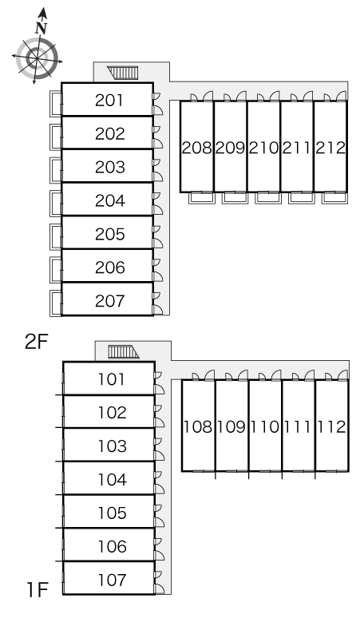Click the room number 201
(x=109, y=101)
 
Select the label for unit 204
(x=109, y=200)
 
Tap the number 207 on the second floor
(x=109, y=301)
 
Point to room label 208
(x=197, y=148)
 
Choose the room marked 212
(x=330, y=148)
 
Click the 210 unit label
(x=263, y=148)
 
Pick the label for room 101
(x=112, y=379)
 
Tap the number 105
(x=112, y=513)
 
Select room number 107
(x=112, y=580)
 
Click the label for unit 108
(x=199, y=426)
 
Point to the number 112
(x=331, y=426)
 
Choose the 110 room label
(x=265, y=426)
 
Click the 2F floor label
(x=36, y=342)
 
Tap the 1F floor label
(x=37, y=590)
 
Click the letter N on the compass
(x=41, y=28)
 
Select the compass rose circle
(x=37, y=59)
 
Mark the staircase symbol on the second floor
(x=123, y=73)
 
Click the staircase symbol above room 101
(x=124, y=351)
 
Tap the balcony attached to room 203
(x=56, y=170)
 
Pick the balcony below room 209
(x=235, y=198)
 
